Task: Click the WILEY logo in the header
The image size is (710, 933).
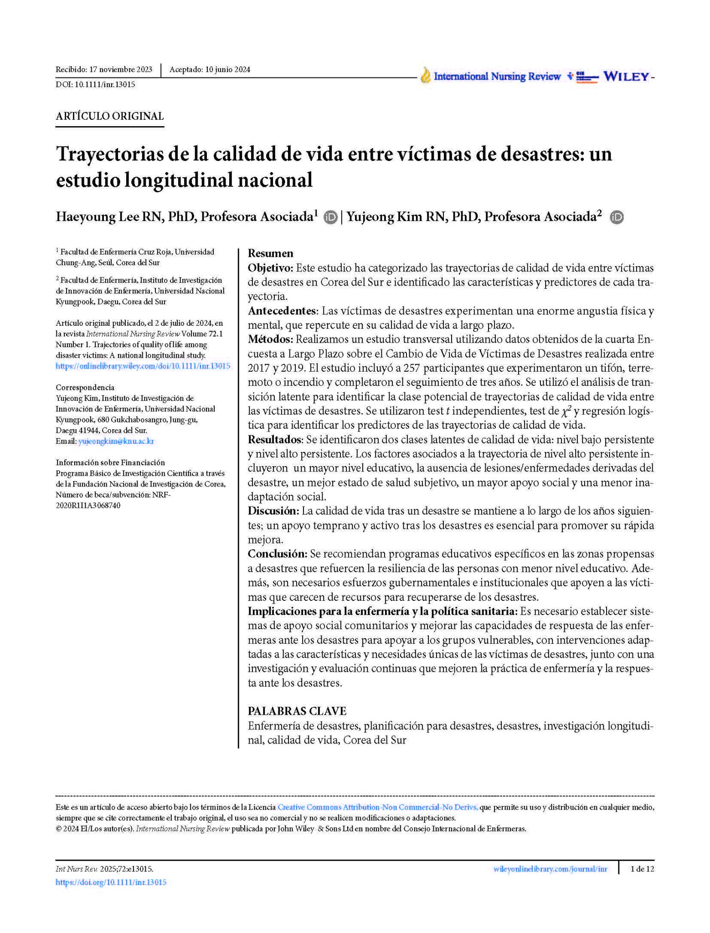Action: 626,77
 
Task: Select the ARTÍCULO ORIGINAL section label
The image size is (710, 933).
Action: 109,116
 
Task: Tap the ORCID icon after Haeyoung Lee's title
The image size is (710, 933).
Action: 330,217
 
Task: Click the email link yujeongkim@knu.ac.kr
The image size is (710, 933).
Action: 116,441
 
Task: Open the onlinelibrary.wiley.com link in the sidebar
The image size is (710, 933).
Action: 143,366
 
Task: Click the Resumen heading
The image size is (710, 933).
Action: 270,253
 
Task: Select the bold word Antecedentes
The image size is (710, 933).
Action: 282,311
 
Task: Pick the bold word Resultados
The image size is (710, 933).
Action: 275,440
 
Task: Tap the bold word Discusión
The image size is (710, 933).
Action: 273,511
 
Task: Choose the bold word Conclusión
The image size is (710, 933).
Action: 277,554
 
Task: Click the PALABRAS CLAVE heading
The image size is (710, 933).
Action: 297,711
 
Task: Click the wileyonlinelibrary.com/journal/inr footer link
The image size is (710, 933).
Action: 550,869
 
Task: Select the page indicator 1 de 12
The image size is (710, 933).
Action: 642,869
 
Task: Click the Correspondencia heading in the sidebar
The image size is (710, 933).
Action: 85,387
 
